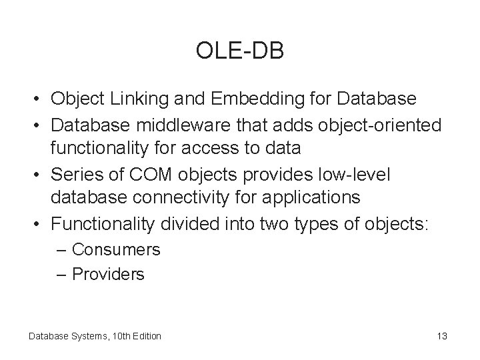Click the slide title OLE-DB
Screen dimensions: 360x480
pyautogui.click(x=240, y=51)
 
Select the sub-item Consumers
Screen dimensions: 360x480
pyautogui.click(x=116, y=250)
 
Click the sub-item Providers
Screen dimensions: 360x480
pyautogui.click(x=108, y=274)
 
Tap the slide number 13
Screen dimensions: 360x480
pyautogui.click(x=442, y=336)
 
